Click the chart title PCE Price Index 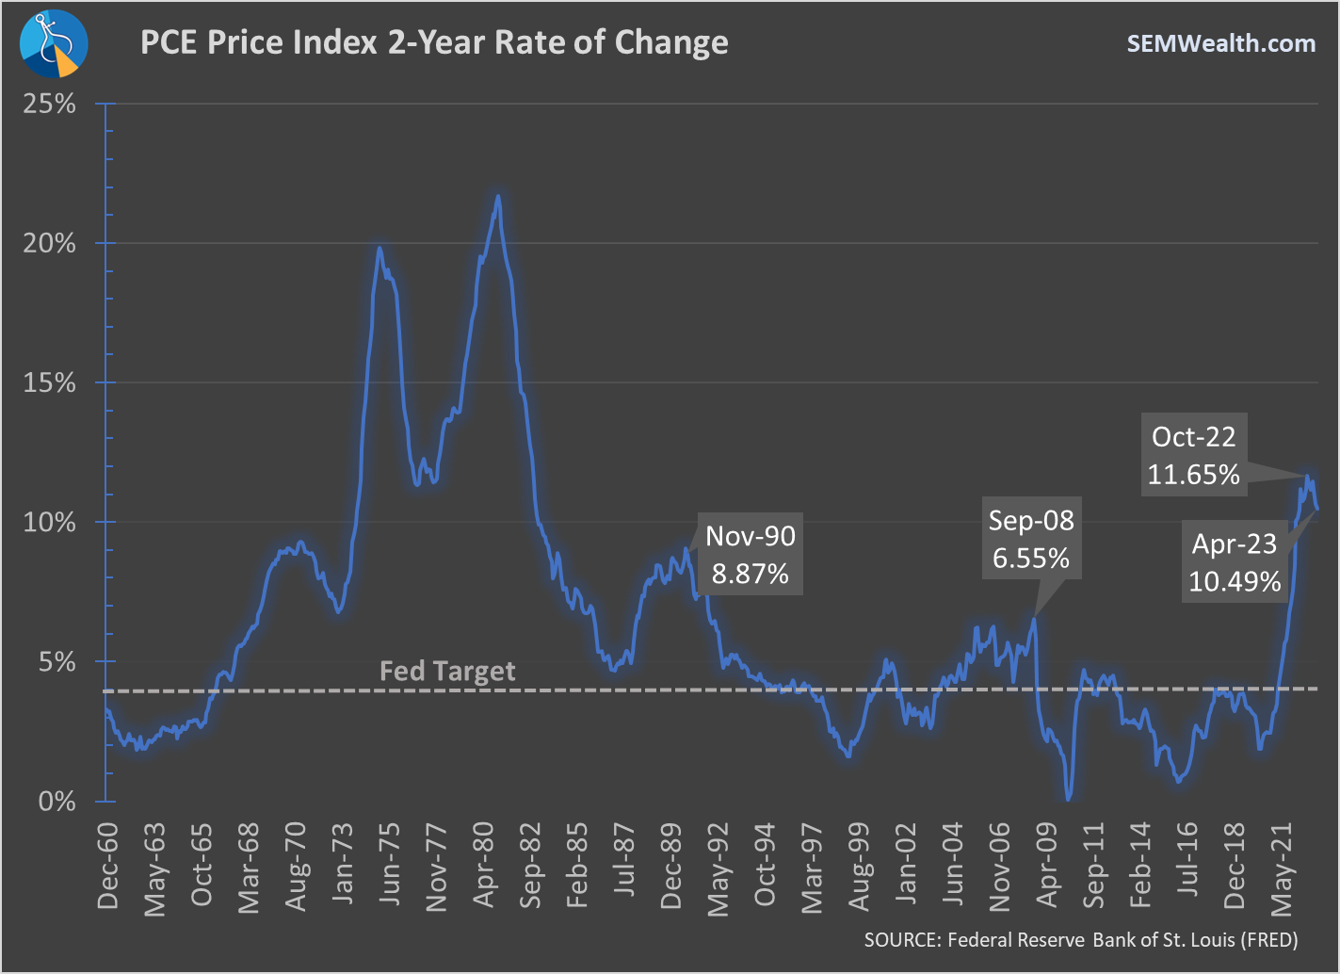point(433,43)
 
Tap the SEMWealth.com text point(1220,43)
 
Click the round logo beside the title point(54,43)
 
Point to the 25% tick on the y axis point(50,104)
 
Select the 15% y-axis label point(50,382)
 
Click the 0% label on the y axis point(57,802)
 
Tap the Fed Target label point(447,671)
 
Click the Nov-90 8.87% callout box point(751,555)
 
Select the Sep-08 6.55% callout point(1031,540)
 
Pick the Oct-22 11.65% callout point(1193,455)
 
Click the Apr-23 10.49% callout point(1235,562)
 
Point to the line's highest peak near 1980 point(498,197)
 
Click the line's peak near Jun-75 point(379,249)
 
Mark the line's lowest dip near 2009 point(1068,799)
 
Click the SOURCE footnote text point(1081,940)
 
